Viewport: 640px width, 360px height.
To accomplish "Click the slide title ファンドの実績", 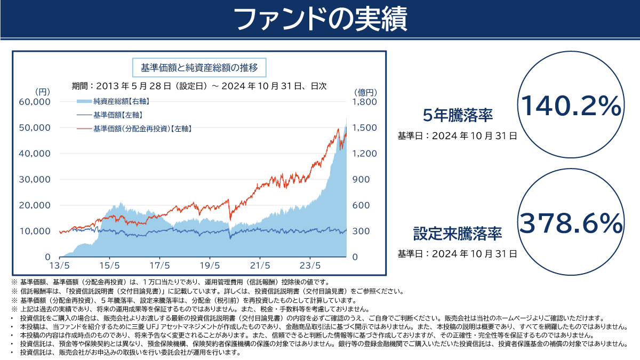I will (320, 19).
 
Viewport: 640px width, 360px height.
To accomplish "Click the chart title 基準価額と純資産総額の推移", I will (199, 68).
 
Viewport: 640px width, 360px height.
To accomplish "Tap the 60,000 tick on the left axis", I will (35, 102).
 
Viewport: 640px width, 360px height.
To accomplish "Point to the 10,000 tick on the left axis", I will (35, 231).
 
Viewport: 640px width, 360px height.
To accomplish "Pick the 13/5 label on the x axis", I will (59, 265).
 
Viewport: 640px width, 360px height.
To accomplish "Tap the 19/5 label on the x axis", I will (210, 265).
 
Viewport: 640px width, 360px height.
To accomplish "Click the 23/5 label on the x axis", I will (310, 265).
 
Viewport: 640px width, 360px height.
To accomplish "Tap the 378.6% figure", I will (570, 223).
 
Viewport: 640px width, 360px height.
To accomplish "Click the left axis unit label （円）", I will (41, 91).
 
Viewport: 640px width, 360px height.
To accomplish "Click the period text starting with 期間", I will (199, 85).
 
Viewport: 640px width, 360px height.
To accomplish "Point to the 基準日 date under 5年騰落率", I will (457, 135).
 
